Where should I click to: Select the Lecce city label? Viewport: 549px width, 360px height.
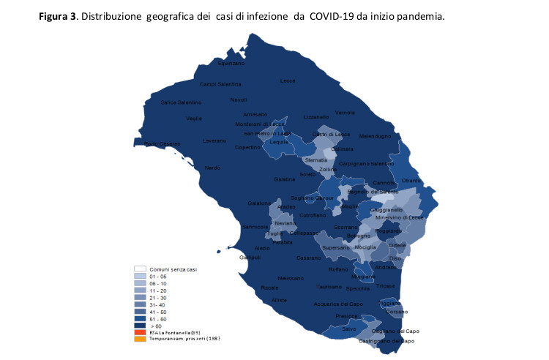287,80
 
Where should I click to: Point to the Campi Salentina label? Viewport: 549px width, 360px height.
220,84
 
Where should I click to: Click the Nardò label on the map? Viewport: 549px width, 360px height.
212,168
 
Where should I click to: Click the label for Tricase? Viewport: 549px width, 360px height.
386,285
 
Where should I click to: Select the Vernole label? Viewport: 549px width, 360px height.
345,112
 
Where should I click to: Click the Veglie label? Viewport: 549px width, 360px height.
194,119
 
